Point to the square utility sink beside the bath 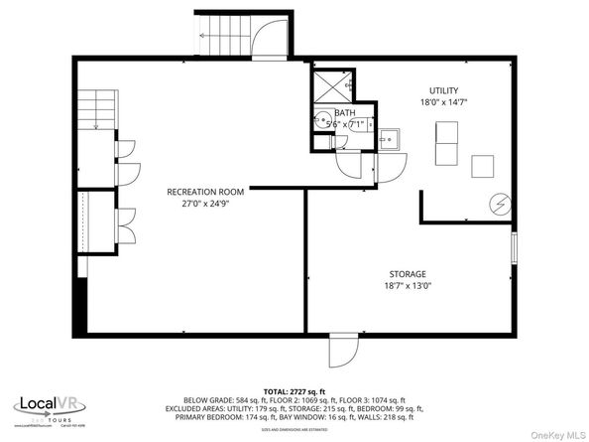389,138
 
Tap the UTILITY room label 444,90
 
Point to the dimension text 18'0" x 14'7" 444,102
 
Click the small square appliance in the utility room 484,165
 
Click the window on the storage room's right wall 514,248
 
